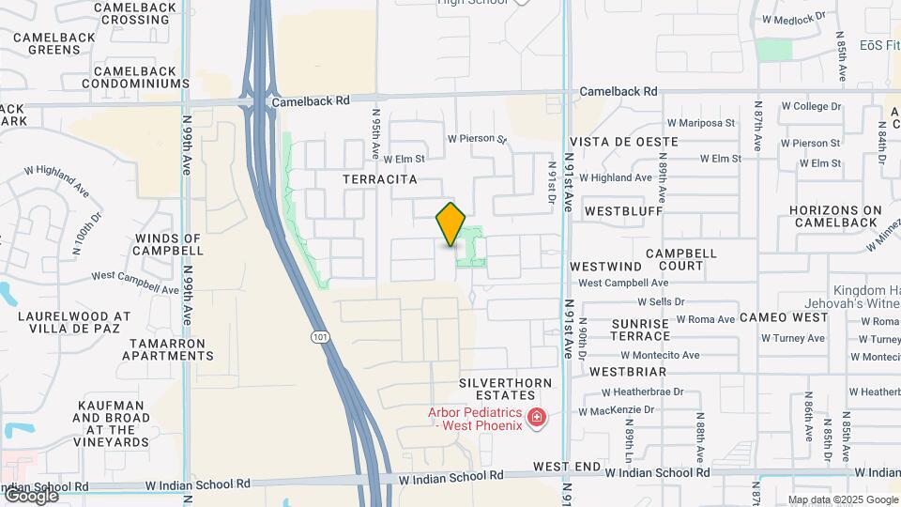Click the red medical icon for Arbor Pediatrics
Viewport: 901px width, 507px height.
(537, 417)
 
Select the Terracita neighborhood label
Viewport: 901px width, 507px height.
(380, 178)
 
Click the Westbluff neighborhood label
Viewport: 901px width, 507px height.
(623, 212)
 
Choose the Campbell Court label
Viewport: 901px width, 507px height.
(681, 260)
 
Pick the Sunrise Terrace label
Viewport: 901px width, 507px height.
(641, 330)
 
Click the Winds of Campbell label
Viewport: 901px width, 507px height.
(168, 244)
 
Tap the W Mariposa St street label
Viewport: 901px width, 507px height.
(700, 123)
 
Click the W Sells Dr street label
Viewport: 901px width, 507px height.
(662, 302)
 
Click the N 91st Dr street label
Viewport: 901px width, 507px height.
(552, 178)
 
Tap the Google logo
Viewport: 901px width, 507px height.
(30, 496)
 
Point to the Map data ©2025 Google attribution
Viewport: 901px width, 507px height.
(843, 499)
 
